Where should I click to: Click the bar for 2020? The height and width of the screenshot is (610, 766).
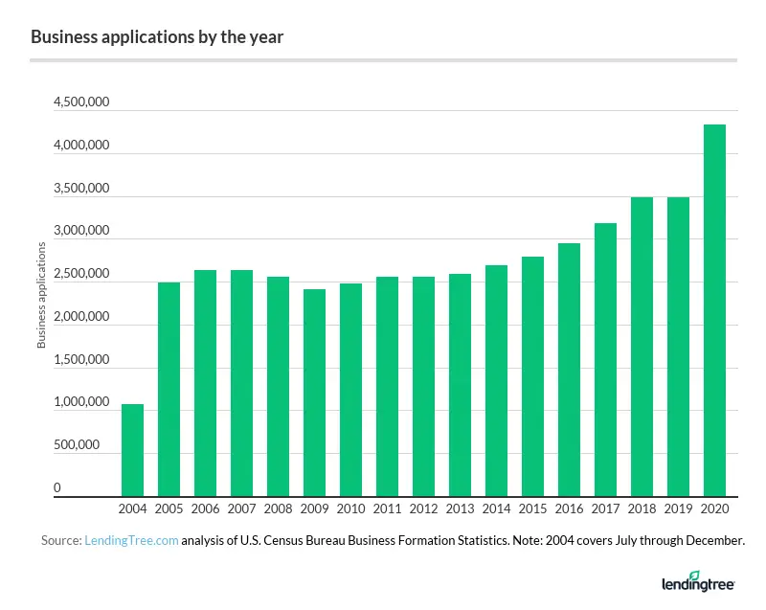point(714,310)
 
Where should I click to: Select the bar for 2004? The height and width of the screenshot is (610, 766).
point(132,450)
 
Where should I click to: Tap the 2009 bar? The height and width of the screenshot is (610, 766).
point(314,393)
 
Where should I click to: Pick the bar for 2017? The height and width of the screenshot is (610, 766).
point(605,359)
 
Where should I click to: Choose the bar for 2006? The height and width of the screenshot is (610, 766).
point(205,383)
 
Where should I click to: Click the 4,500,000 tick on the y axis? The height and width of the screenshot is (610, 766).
point(83,103)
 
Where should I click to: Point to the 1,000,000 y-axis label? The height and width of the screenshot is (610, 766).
point(83,403)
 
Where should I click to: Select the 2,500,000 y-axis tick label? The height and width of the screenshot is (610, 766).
point(83,275)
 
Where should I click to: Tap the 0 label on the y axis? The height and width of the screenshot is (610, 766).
point(56,488)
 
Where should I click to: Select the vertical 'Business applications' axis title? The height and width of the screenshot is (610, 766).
point(42,296)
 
